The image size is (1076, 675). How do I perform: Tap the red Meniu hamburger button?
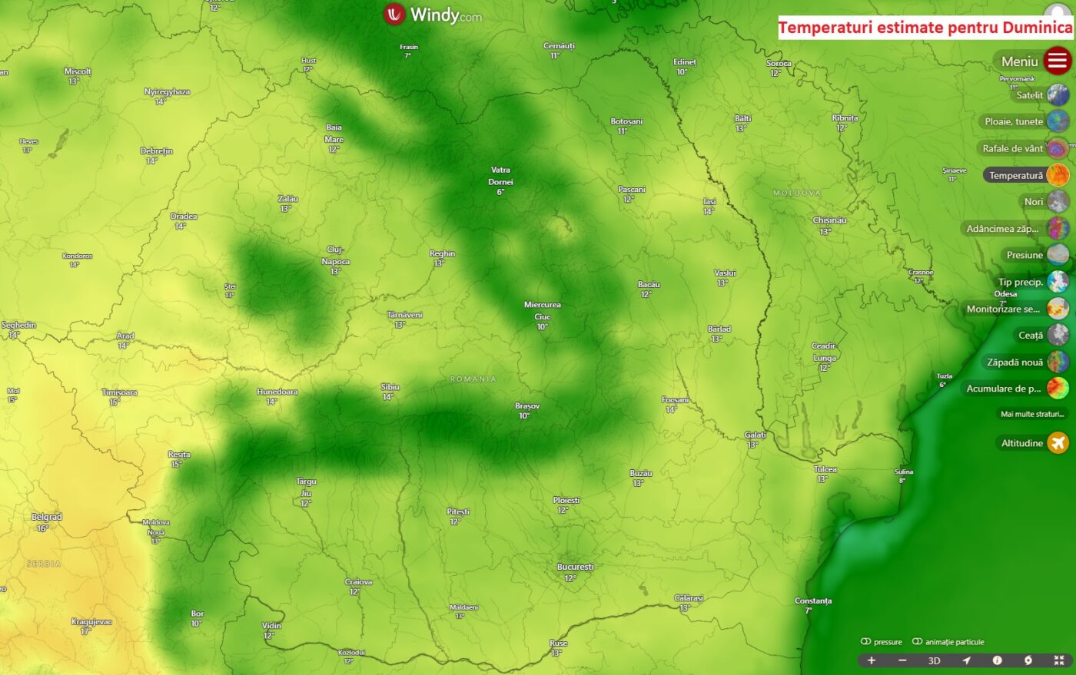[1058, 61]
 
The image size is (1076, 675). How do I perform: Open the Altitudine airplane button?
[1058, 443]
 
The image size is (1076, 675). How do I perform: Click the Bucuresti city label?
[575, 567]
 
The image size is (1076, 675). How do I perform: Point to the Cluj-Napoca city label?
[335, 256]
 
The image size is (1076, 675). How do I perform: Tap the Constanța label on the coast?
[813, 601]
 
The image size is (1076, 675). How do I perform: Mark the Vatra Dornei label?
[500, 176]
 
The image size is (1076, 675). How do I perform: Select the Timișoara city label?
[119, 392]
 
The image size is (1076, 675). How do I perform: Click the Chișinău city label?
[829, 220]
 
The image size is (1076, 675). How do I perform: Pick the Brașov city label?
[527, 406]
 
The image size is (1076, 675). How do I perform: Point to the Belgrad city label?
[46, 518]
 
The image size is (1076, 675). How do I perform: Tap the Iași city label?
[709, 202]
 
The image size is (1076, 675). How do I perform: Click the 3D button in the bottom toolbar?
[934, 660]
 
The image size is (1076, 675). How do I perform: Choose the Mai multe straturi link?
[1032, 414]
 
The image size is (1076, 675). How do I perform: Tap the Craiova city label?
[358, 582]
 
